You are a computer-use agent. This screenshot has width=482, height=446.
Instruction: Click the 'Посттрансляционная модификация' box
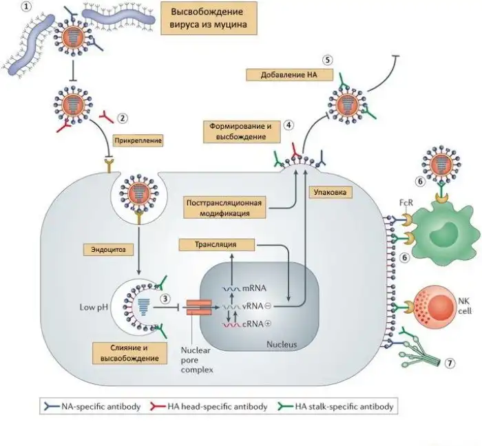click(x=225, y=208)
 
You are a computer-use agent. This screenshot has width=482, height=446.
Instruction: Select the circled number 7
click(x=450, y=363)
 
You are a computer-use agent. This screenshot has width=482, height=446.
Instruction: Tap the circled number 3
click(x=165, y=298)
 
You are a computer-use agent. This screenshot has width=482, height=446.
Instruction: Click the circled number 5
click(x=327, y=61)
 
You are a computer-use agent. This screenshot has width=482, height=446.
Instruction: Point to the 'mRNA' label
click(x=258, y=289)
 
